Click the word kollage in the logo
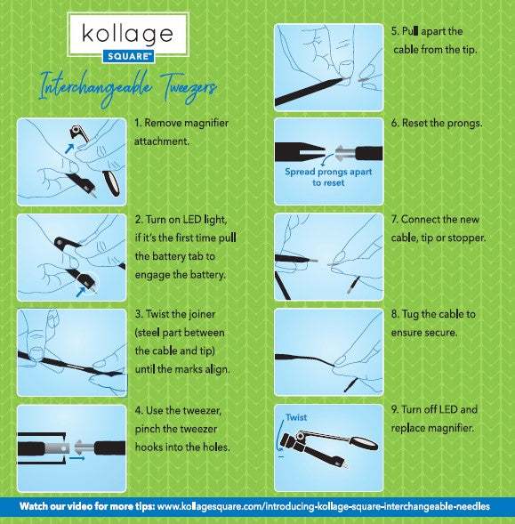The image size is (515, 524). pos(127,34)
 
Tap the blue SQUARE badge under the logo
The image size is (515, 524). pos(128,56)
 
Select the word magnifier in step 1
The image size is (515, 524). pos(206,123)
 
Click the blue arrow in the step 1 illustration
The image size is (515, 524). pos(69,148)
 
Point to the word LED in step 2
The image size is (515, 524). pos(192,220)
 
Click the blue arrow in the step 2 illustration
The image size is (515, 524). pos(81,292)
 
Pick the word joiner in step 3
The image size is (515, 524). pos(202,314)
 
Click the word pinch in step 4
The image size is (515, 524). pos(147,429)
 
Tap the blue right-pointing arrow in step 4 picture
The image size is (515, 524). pos(77,458)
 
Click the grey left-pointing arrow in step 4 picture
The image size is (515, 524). pos(84,447)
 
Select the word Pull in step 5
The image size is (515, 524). pos(410,31)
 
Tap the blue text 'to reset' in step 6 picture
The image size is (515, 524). pos(328,182)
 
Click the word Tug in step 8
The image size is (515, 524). pos(410,314)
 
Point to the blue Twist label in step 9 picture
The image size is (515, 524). pos(296,417)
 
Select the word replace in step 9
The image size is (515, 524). pos(408,429)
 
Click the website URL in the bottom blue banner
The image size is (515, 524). pos(324,506)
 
